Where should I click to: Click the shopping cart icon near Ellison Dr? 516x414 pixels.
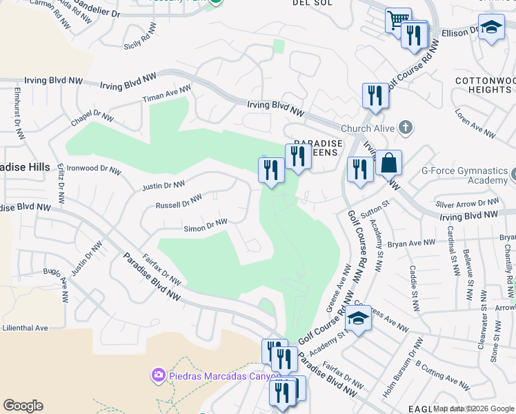point(397,19)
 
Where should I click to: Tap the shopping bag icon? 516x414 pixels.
point(388,164)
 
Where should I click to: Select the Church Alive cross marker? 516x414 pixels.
point(406,128)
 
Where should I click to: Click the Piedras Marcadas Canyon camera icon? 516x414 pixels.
point(159,375)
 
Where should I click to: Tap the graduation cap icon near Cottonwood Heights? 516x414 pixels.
point(491,27)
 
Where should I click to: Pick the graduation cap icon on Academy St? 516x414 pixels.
point(358,318)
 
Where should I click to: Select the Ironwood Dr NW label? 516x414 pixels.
point(94,168)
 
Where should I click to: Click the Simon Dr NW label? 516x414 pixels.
point(205,225)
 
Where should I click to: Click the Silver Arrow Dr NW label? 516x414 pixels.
point(468,204)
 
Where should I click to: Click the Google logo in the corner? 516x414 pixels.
point(23,406)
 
